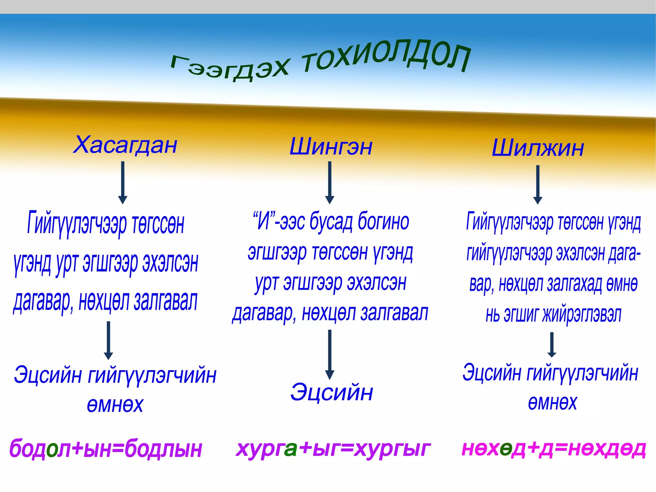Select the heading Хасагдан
tap(125, 145)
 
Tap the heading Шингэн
tap(331, 147)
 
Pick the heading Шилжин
tap(538, 148)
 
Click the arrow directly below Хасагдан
tap(123, 182)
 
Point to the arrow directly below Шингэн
tap(330, 182)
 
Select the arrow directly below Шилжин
tap(538, 184)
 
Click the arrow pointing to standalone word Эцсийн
tap(330, 354)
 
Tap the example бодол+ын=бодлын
tap(106, 448)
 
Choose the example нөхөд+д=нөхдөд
tap(553, 448)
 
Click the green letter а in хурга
tap(290, 449)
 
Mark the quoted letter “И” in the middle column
tap(263, 221)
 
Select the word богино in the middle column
tap(383, 221)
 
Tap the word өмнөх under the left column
tap(115, 405)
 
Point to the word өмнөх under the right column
tap(552, 403)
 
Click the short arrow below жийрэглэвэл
tap(552, 345)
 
